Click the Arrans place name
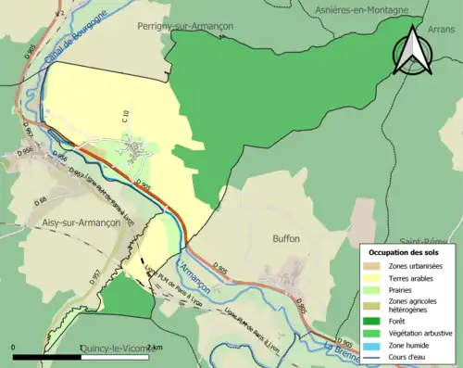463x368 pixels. [445, 30]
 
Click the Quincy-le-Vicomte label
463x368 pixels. [115, 349]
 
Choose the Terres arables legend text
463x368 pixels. [413, 277]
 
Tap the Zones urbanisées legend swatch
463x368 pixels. [374, 265]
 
